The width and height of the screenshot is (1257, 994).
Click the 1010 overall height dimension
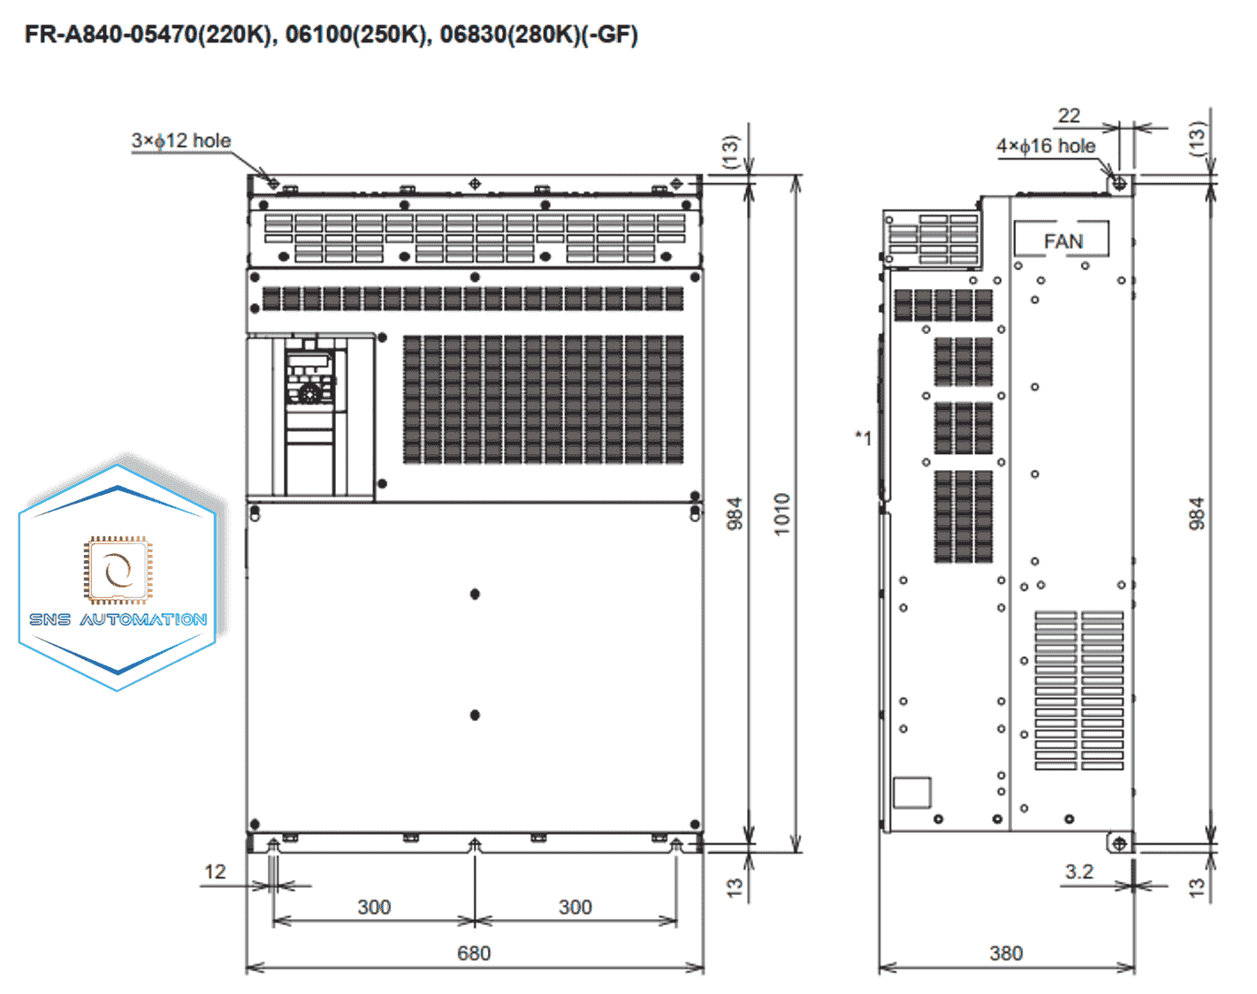point(781,513)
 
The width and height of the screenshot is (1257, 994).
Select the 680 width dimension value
point(474,952)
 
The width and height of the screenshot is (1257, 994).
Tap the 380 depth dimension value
point(1006,952)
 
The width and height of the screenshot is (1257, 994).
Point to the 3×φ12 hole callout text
point(181,140)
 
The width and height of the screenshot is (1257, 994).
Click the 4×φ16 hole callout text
point(1046,146)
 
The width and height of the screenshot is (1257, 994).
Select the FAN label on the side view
point(1063,241)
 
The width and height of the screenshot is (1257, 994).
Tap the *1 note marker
point(864,437)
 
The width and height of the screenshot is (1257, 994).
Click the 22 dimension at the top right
point(1069,116)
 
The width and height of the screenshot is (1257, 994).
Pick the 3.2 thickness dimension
point(1078,871)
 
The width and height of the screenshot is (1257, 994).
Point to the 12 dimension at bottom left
point(215,871)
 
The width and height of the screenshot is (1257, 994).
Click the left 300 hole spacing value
point(374,907)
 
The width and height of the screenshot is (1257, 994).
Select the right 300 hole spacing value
point(575,907)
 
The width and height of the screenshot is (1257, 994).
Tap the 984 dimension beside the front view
point(734,513)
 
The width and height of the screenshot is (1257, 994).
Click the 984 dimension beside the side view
point(1196,513)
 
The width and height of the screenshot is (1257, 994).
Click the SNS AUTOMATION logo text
point(118,619)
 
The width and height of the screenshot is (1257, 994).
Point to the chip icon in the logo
point(118,569)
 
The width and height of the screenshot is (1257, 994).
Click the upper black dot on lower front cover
point(475,594)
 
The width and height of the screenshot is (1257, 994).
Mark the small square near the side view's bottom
point(911,793)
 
